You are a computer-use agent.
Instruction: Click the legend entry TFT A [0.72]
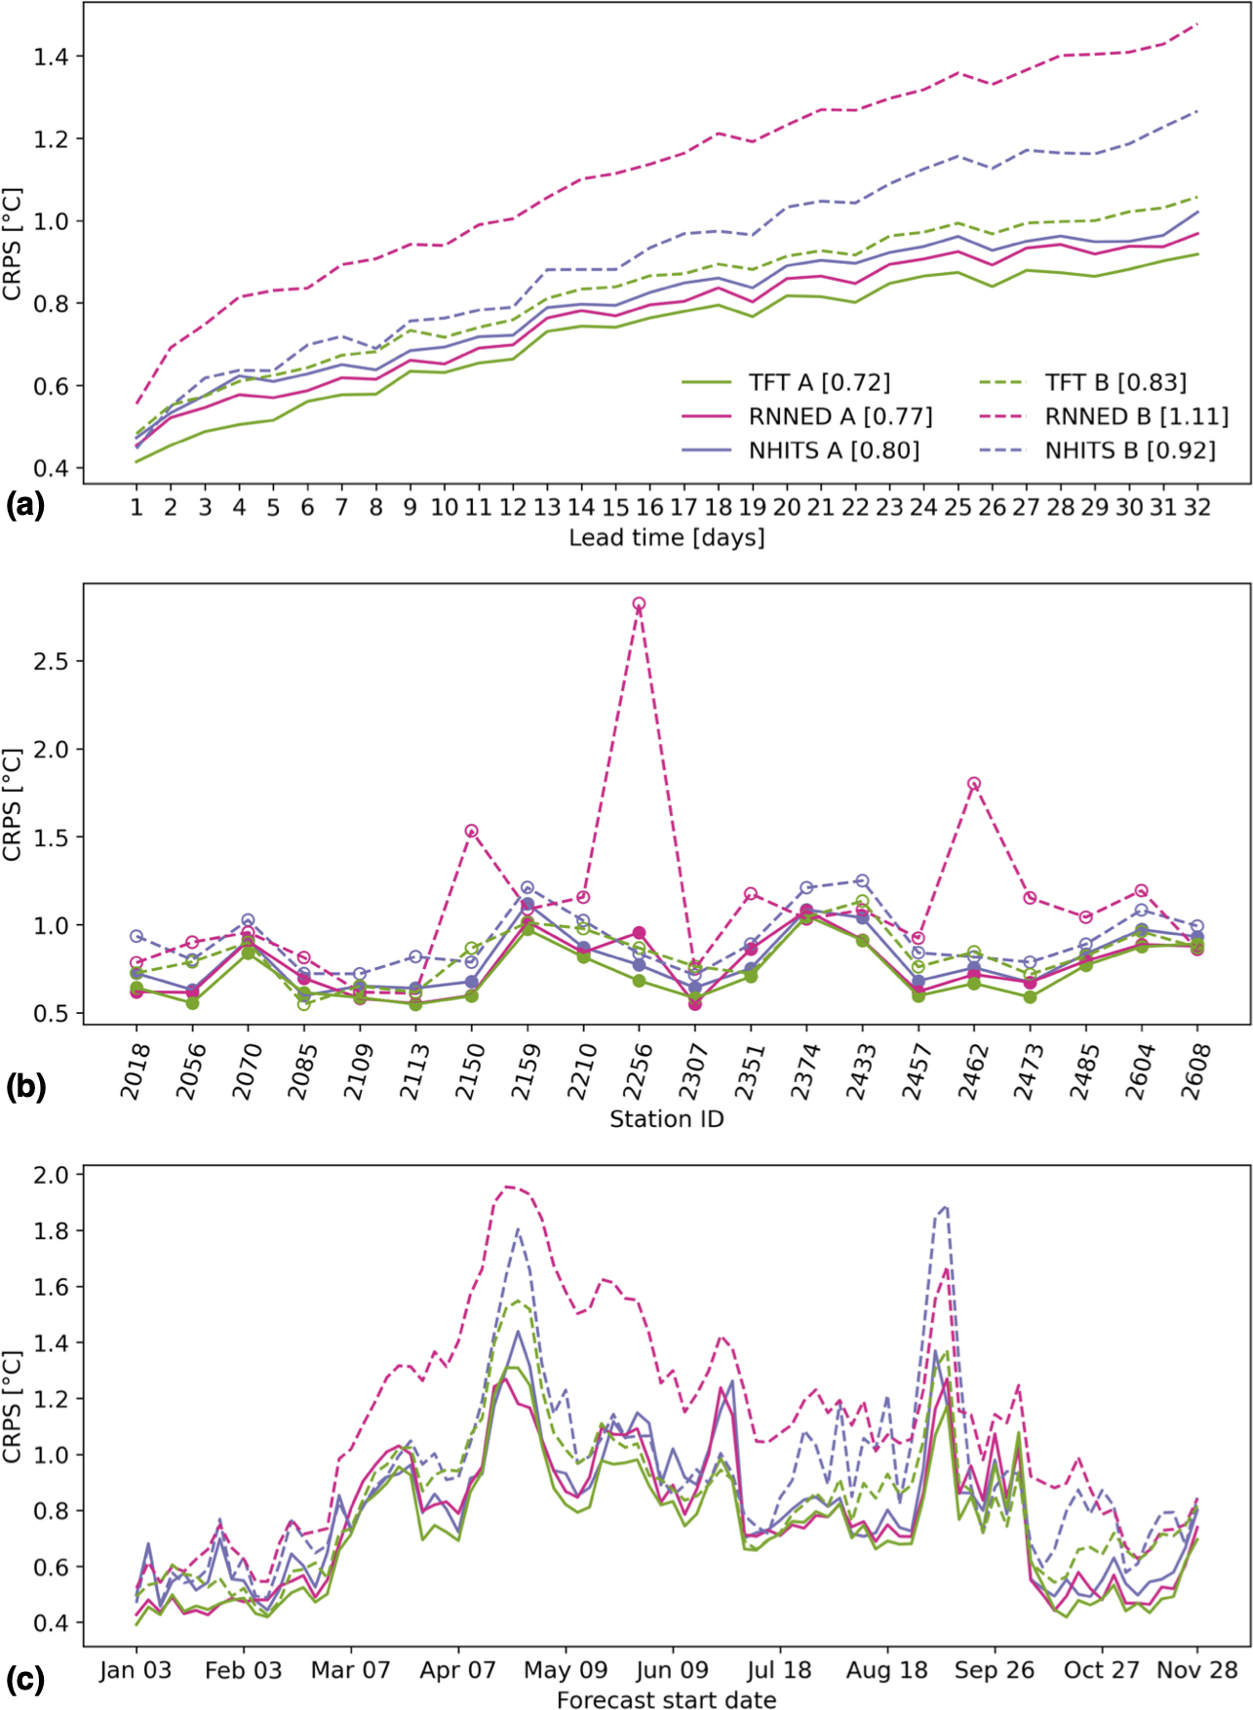coord(819,383)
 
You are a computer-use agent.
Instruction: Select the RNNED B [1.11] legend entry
coord(1136,417)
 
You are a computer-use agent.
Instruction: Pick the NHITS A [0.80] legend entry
coord(834,450)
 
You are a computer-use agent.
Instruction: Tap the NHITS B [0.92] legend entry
coord(1130,450)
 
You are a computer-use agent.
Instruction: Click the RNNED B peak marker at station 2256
coord(639,604)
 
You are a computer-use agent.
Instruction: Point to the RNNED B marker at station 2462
coord(973,784)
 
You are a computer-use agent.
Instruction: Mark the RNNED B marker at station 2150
coord(472,832)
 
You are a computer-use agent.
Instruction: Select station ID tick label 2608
coord(1194,1071)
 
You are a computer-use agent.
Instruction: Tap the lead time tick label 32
coord(1197,508)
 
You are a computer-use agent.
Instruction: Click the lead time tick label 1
coord(137,508)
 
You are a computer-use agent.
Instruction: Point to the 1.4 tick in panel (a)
coord(51,58)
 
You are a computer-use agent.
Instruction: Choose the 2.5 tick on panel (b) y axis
coord(51,662)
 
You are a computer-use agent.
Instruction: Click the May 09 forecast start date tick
coord(566,1670)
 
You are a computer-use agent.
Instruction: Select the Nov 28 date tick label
coord(1196,1670)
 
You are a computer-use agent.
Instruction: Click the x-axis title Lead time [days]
coord(667,538)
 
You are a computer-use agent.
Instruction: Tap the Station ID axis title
coord(667,1119)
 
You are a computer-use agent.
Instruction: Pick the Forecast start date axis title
coord(667,1699)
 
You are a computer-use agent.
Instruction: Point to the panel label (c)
coord(25,1680)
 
